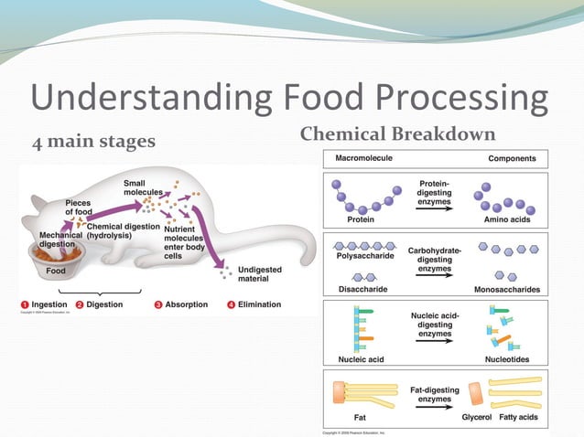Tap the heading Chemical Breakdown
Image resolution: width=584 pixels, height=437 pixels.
coord(397,134)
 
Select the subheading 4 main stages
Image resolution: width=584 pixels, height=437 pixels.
coord(94,141)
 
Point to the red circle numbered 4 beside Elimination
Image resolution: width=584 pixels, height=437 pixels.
coord(231,304)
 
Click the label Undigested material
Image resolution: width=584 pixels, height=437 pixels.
coord(260,275)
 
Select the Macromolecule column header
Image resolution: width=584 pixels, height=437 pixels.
coord(366,158)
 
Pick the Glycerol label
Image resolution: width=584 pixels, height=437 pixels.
coord(476,418)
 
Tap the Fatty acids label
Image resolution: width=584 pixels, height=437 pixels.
coord(519,418)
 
